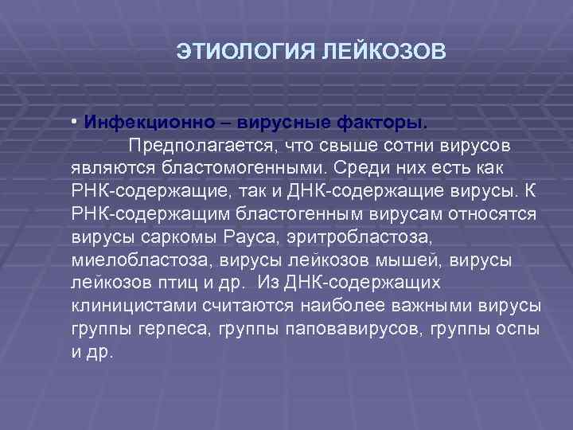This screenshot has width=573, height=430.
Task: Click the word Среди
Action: (359, 170)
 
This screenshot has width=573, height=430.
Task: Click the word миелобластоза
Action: (128, 261)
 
